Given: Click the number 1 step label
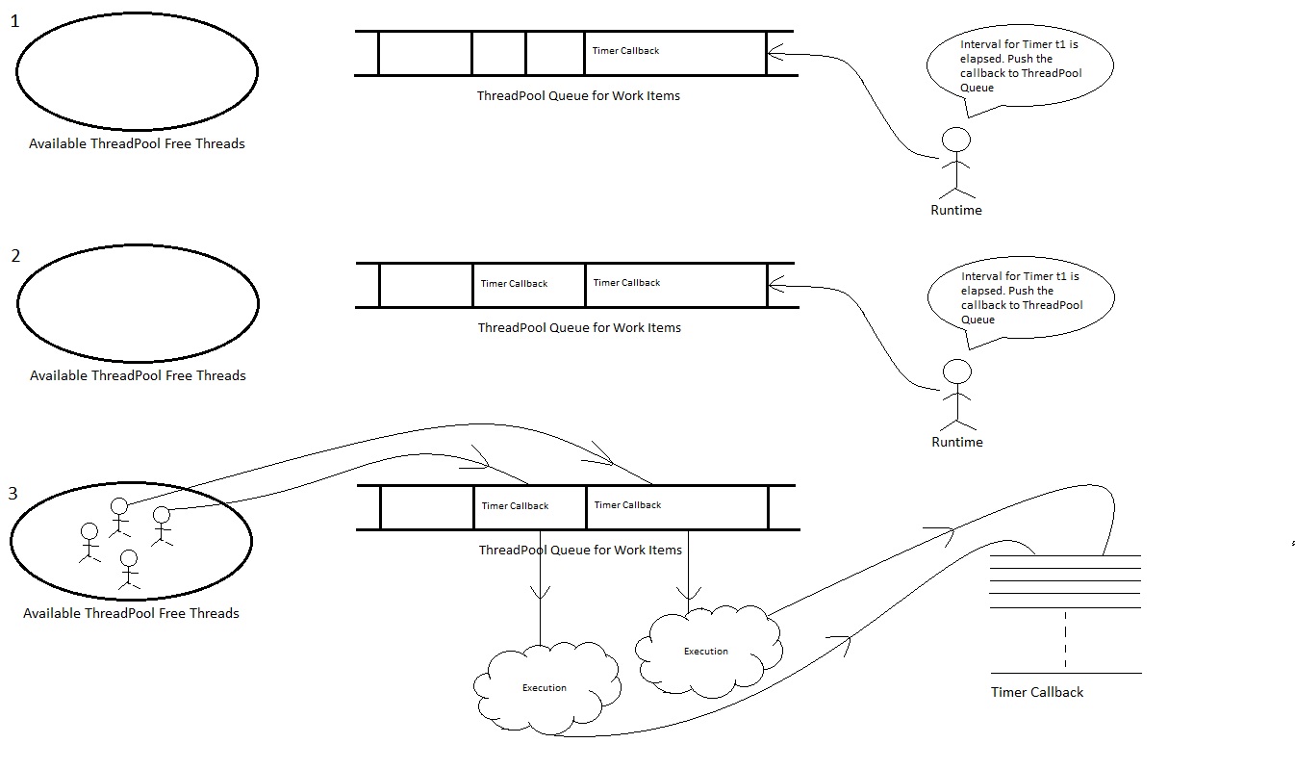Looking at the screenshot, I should click(x=14, y=21).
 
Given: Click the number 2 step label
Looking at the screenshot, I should click(x=15, y=257).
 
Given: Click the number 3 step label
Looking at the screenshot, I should click(x=13, y=494).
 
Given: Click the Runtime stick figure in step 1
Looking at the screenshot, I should click(x=955, y=160).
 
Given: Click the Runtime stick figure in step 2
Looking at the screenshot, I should click(x=956, y=393).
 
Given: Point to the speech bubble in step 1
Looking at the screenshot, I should click(x=1019, y=66).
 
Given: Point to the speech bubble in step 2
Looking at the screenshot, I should click(x=1020, y=297).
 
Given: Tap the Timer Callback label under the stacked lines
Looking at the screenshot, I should click(x=1037, y=692).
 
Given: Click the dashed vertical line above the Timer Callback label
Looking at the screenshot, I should click(x=1065, y=641).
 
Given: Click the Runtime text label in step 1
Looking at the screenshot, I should click(x=955, y=210).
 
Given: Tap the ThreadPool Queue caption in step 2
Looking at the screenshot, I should click(x=579, y=327).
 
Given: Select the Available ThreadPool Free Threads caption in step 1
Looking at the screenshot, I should click(x=137, y=143).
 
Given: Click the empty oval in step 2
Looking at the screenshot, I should click(x=138, y=302).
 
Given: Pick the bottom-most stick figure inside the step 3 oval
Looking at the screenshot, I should click(x=129, y=569).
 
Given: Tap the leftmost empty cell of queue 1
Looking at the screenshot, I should click(x=424, y=53).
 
